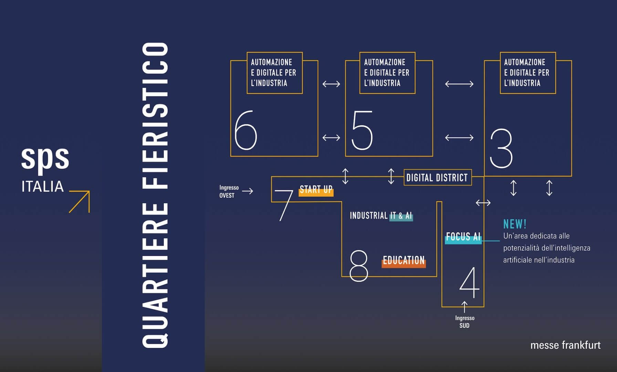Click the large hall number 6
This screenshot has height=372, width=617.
(245, 130)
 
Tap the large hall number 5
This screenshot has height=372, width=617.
(362, 130)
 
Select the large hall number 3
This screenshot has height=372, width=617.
(501, 148)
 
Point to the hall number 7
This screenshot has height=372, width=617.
(285, 205)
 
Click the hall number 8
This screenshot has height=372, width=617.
(358, 266)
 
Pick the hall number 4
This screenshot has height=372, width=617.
(470, 282)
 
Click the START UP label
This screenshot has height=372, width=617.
(316, 190)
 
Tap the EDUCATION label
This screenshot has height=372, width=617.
(404, 261)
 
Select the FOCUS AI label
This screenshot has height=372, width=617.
(463, 237)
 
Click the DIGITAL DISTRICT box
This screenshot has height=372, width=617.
(437, 178)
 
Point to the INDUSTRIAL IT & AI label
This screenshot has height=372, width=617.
(381, 216)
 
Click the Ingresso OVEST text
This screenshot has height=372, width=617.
(229, 192)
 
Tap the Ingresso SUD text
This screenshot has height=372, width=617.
(464, 322)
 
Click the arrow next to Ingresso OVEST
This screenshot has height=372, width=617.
(248, 191)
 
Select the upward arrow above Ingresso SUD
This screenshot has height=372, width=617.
(464, 307)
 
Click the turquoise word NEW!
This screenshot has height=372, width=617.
(515, 224)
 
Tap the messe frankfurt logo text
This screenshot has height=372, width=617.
(565, 345)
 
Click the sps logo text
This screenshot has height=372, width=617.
(45, 158)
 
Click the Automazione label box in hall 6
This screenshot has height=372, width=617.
(274, 73)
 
